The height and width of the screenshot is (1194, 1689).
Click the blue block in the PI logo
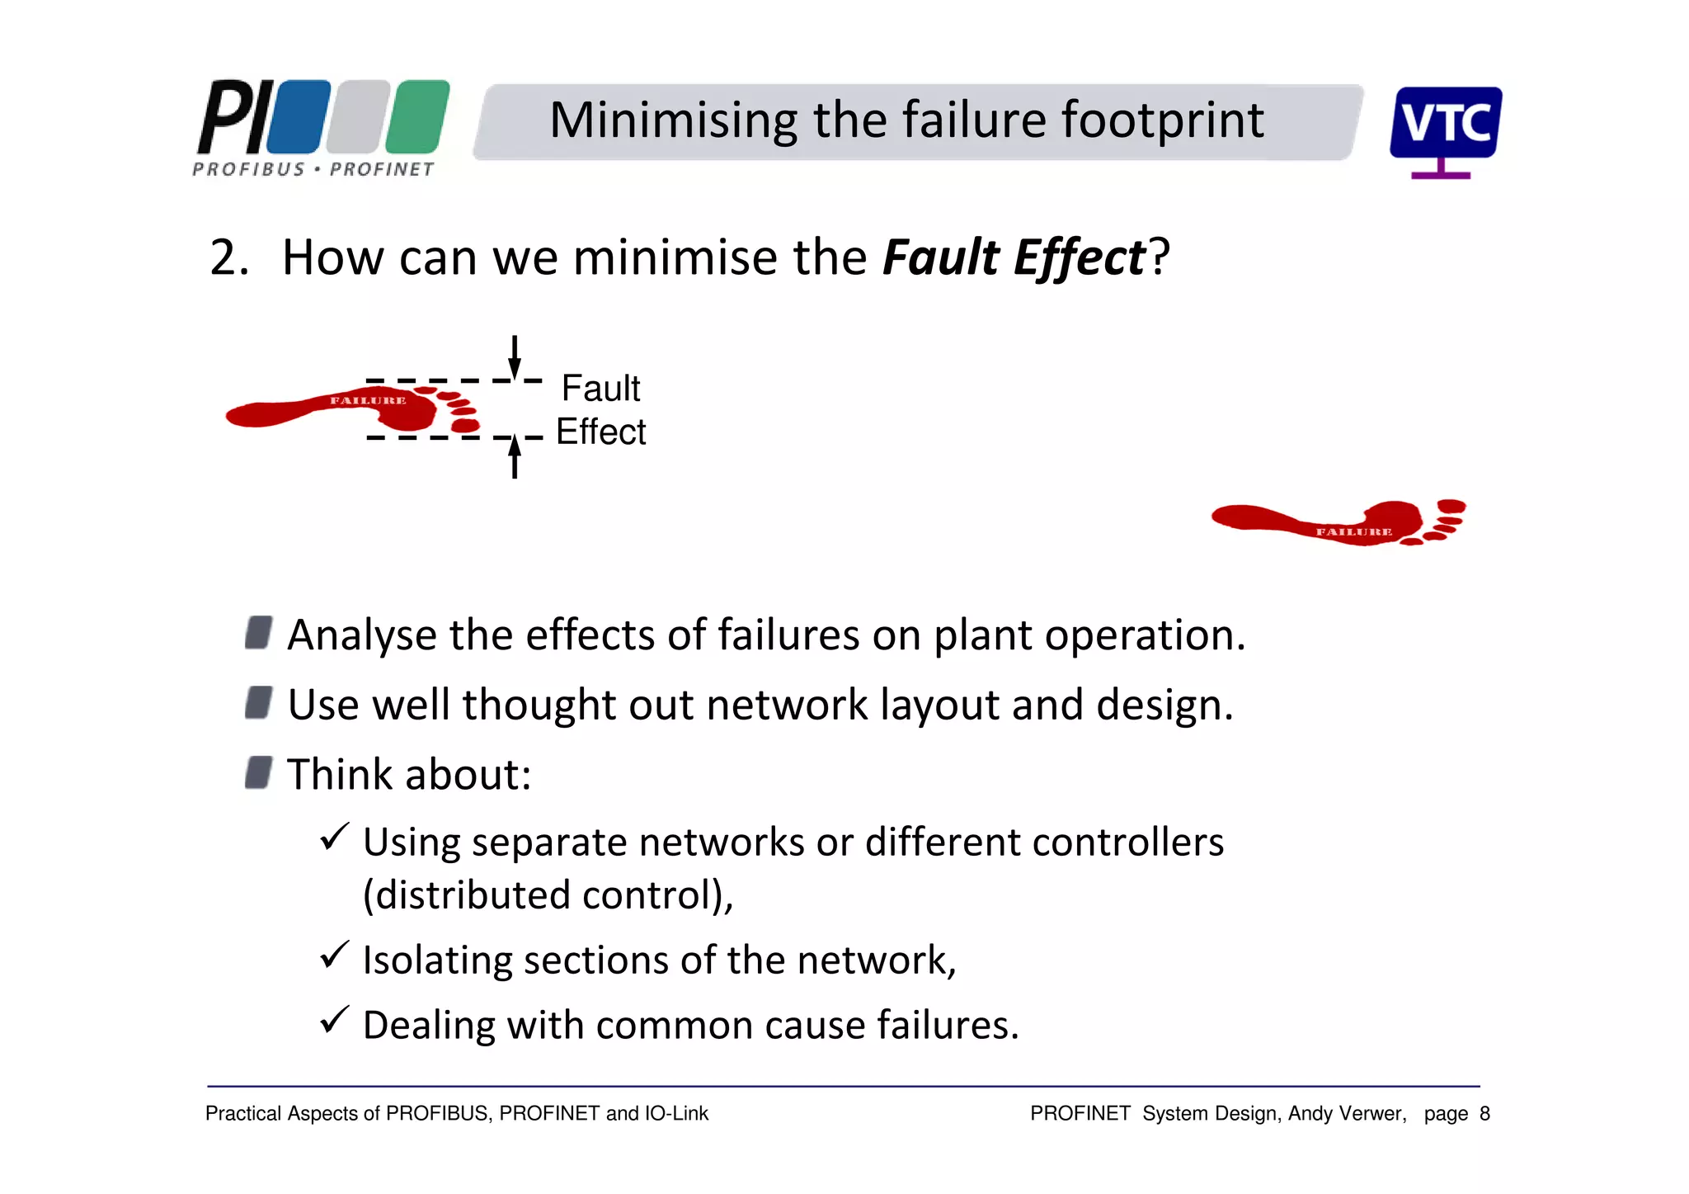point(299,116)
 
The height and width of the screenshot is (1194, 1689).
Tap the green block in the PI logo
point(417,116)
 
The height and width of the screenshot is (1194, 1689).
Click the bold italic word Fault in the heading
point(940,257)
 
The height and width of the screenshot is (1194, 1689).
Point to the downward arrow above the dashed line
point(515,356)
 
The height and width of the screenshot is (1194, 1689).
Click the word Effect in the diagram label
point(600,432)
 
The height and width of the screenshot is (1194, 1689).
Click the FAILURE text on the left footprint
point(368,401)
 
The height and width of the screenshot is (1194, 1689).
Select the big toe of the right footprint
point(1451,506)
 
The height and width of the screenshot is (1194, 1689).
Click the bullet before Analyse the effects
point(258,633)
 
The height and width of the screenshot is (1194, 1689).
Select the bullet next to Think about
point(258,773)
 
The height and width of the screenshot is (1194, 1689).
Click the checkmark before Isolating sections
point(335,956)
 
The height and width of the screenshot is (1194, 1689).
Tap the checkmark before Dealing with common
point(335,1020)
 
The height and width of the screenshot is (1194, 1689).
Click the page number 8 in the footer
point(1484,1114)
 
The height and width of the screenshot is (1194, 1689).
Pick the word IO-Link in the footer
point(676,1114)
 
